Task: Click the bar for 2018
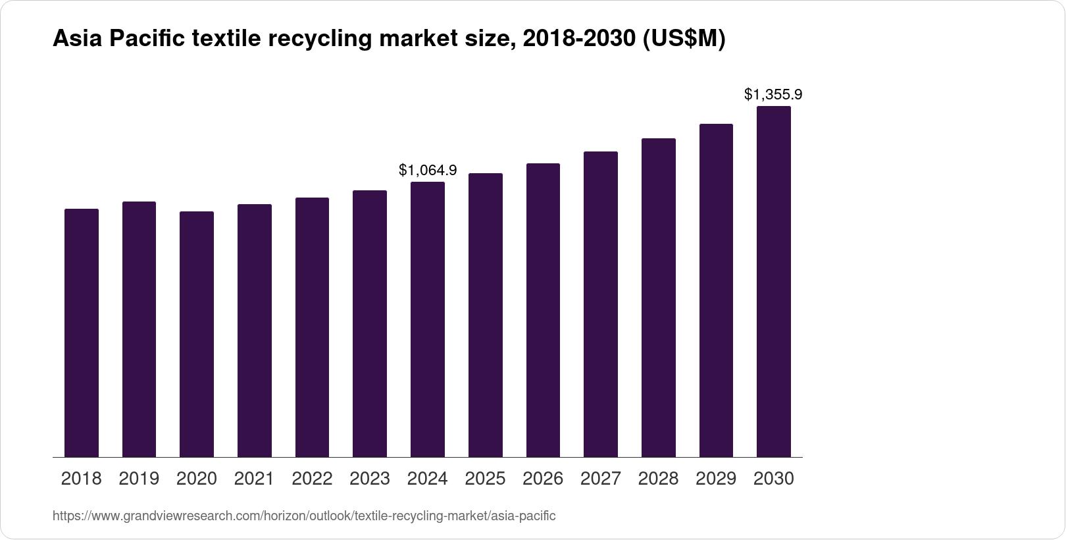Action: [82, 333]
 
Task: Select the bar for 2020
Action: [197, 334]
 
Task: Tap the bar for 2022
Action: [312, 327]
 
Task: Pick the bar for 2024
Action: [428, 319]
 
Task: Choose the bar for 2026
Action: [543, 310]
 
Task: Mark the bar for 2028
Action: [658, 298]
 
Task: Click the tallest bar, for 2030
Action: [774, 282]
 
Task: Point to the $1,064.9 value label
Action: [428, 171]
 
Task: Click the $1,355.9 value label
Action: [773, 95]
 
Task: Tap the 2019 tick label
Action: [139, 479]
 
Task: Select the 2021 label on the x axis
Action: [254, 479]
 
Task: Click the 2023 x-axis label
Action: [370, 479]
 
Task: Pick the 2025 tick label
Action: [485, 479]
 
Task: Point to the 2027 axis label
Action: [601, 479]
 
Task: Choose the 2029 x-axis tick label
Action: [716, 479]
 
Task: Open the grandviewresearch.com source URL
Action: [304, 516]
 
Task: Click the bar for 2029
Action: [716, 290]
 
